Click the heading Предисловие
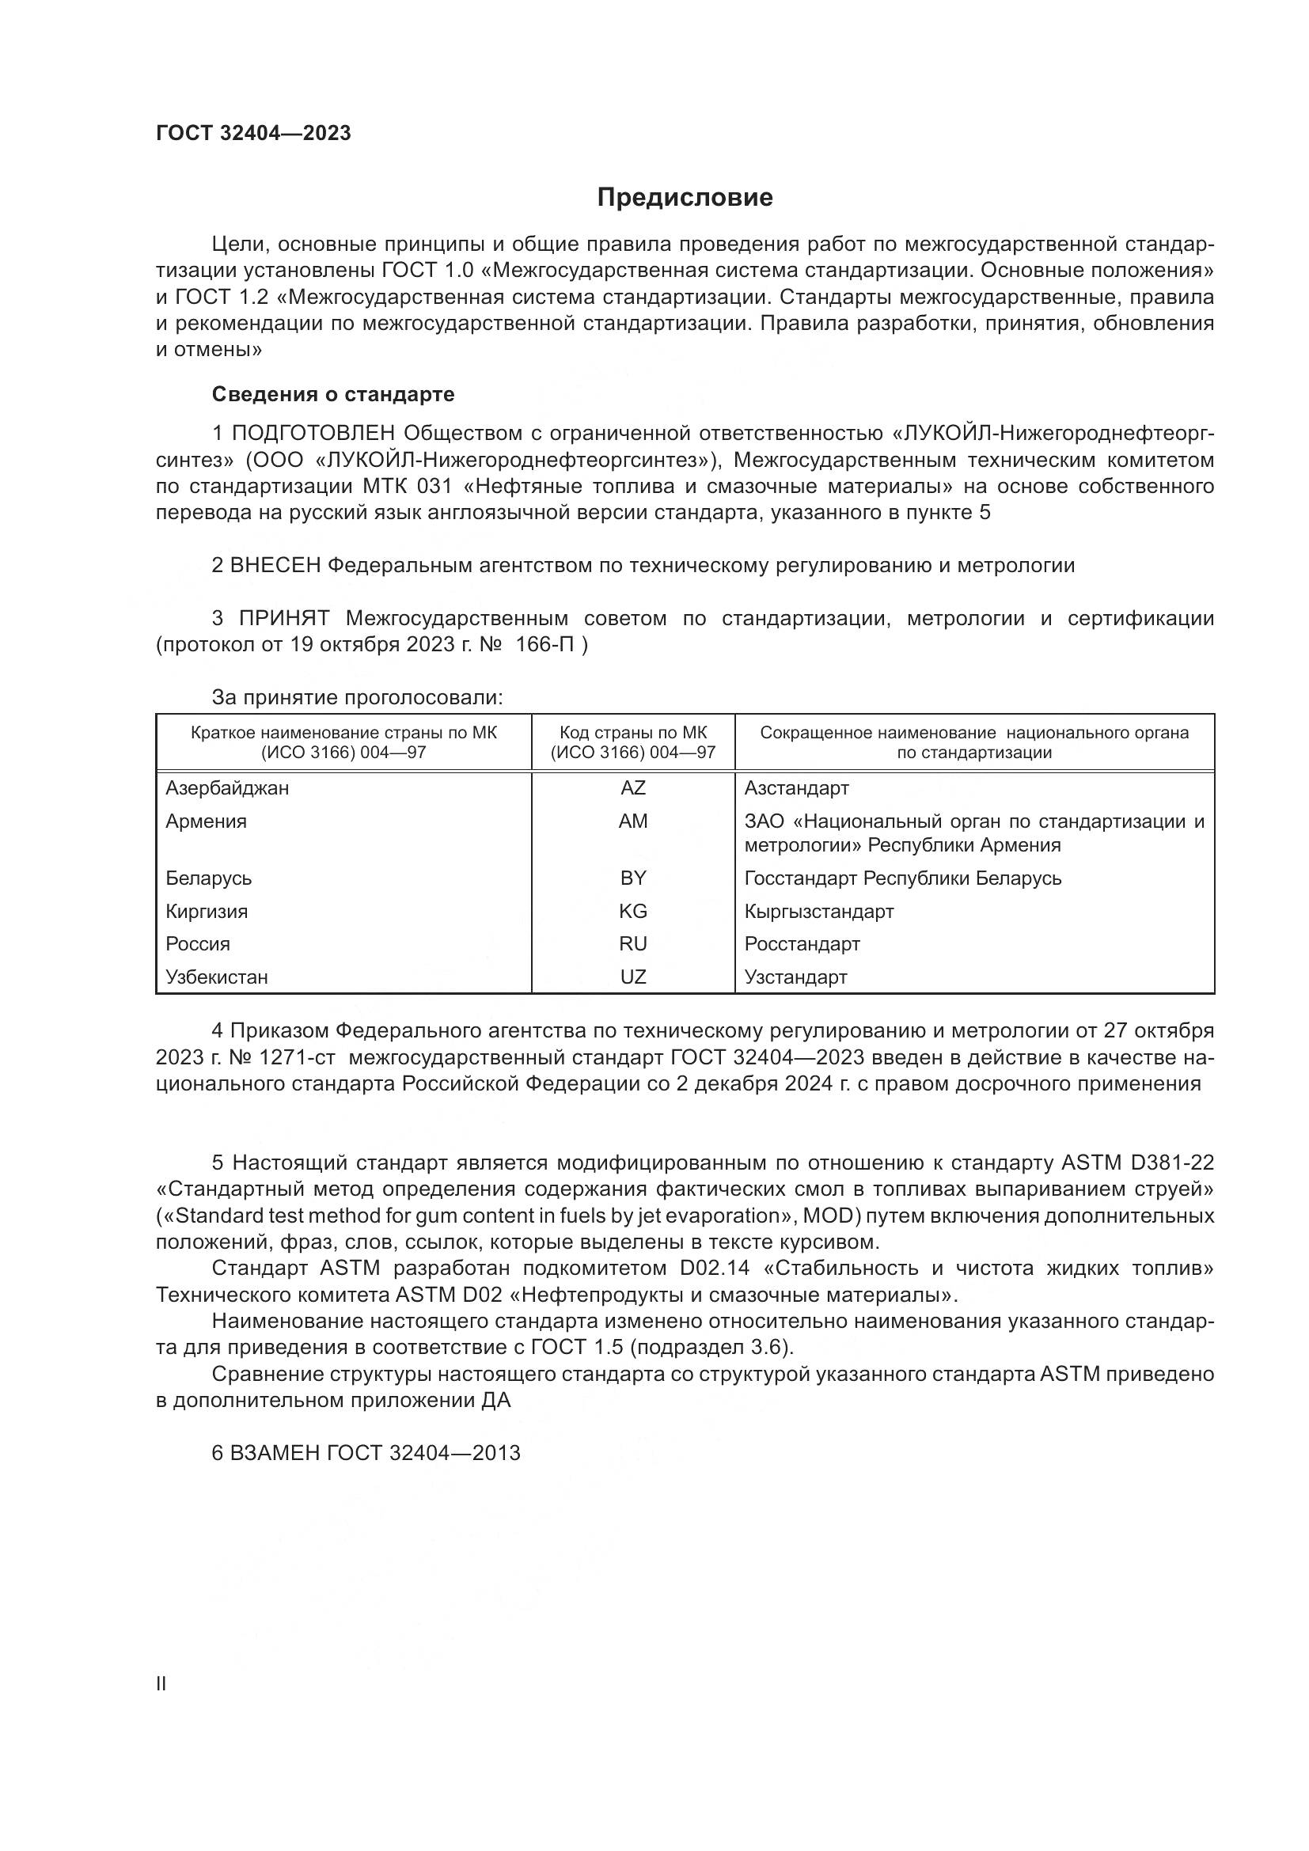coord(685,198)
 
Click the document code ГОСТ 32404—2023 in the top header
coord(253,134)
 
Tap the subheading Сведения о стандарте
coord(333,394)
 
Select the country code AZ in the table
coord(633,787)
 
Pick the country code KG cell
coord(633,911)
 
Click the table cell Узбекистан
coord(216,977)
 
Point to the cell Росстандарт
coord(801,944)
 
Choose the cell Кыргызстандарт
coord(818,911)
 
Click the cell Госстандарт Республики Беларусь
coord(902,878)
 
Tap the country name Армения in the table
coord(207,821)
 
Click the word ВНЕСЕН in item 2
coord(275,565)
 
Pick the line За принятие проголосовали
coord(357,697)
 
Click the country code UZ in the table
coord(633,977)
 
